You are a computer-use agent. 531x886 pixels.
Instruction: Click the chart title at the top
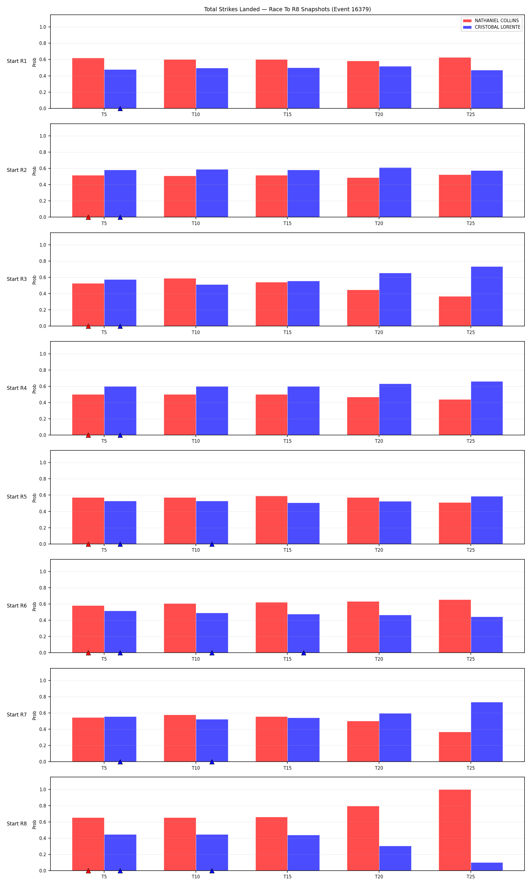pyautogui.click(x=287, y=9)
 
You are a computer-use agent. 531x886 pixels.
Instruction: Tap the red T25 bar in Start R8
pyautogui.click(x=455, y=830)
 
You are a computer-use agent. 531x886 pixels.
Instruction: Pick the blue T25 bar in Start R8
pyautogui.click(x=487, y=867)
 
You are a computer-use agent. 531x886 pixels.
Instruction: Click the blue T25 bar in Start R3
pyautogui.click(x=487, y=296)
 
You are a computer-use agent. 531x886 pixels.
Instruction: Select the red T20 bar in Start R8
pyautogui.click(x=363, y=838)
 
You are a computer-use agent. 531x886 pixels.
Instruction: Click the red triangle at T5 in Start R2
pyautogui.click(x=88, y=217)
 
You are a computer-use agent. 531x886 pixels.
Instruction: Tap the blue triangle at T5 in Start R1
pyautogui.click(x=120, y=108)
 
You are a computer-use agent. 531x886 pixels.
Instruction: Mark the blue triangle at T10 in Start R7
pyautogui.click(x=212, y=762)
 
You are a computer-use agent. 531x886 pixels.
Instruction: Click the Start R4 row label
pyautogui.click(x=17, y=388)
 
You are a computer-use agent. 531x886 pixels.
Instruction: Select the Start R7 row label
pyautogui.click(x=17, y=715)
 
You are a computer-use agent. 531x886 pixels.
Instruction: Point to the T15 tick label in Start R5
pyautogui.click(x=287, y=550)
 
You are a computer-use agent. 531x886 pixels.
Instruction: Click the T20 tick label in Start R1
pyautogui.click(x=379, y=115)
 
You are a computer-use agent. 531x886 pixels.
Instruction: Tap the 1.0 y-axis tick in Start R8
pyautogui.click(x=42, y=790)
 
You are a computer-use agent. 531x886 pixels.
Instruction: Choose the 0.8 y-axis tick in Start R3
pyautogui.click(x=42, y=261)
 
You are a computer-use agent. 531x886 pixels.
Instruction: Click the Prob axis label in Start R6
pyautogui.click(x=34, y=606)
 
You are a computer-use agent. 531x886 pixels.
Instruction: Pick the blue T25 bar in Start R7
pyautogui.click(x=487, y=732)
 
